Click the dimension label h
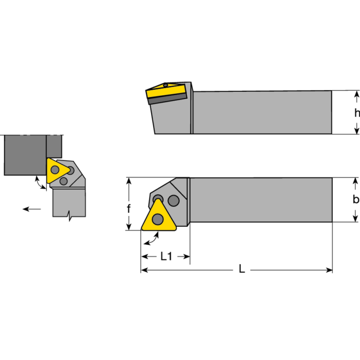point(357,113)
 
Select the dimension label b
point(356,200)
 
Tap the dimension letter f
point(129,208)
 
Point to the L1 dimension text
point(166,256)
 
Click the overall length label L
point(242,270)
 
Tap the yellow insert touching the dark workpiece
point(56,170)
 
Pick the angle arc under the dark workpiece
point(40,182)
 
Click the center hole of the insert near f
point(157,220)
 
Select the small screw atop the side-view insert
point(166,85)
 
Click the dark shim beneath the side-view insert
point(167,99)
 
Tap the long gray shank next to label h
point(261,112)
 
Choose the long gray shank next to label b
point(261,200)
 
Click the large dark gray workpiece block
point(25,155)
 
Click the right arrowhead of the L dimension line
point(329,270)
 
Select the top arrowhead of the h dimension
point(357,94)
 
